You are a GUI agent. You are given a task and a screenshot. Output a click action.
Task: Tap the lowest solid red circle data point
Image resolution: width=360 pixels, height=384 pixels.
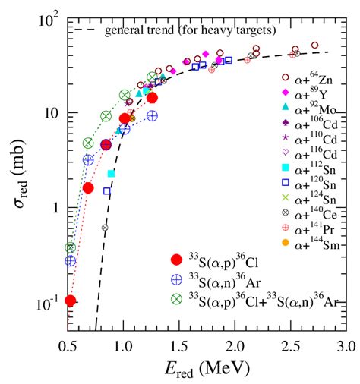(71, 301)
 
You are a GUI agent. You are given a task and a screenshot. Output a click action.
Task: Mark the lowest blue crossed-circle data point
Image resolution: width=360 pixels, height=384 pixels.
(71, 261)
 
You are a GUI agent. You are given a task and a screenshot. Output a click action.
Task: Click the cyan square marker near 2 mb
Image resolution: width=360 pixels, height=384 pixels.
(111, 174)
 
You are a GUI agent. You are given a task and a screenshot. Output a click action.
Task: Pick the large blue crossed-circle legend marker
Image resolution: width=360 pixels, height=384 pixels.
(176, 279)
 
